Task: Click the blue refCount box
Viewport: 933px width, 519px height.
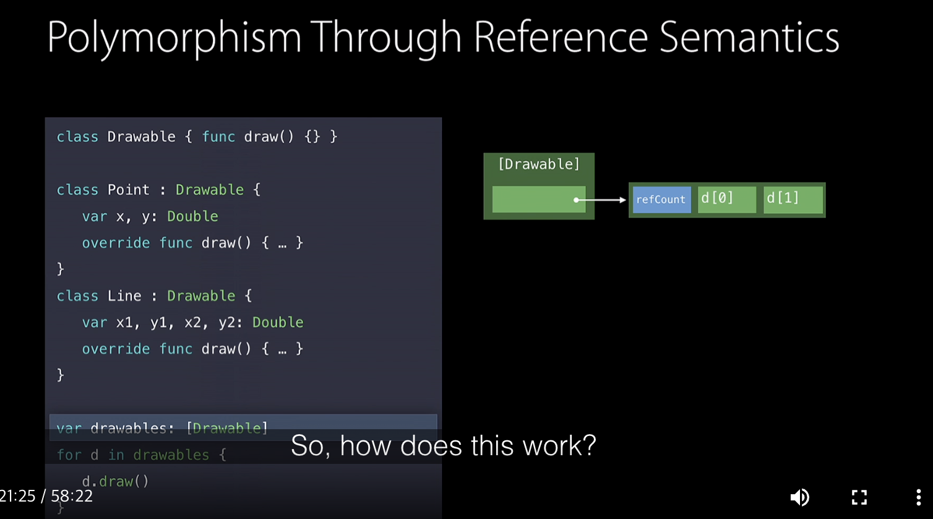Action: (x=661, y=199)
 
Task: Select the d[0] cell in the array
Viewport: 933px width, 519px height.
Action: (x=726, y=199)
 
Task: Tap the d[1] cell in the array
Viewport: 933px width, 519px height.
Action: (x=793, y=199)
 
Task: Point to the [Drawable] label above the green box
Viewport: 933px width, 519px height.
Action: (x=539, y=164)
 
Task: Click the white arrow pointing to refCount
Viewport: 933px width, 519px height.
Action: (x=601, y=200)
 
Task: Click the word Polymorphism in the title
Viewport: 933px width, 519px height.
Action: (x=174, y=37)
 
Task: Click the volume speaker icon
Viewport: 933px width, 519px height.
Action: (x=799, y=497)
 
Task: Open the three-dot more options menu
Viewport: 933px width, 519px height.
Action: (x=918, y=497)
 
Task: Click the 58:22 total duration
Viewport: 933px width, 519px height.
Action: (x=72, y=496)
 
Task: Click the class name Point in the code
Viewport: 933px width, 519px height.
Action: (x=129, y=190)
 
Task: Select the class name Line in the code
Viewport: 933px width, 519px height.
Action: (x=124, y=296)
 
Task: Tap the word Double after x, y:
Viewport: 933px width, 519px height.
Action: (x=192, y=216)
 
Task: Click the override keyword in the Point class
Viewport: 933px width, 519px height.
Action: (x=116, y=243)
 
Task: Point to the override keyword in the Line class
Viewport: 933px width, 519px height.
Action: (x=116, y=349)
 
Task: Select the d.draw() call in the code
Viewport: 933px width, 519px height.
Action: (x=116, y=481)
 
